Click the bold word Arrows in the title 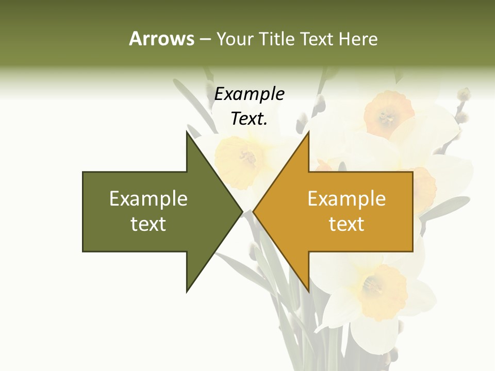[161, 39]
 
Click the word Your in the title [235, 39]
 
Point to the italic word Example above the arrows [249, 94]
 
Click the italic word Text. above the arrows [249, 119]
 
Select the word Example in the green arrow [148, 199]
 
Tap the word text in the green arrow [148, 224]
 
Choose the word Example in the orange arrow [346, 199]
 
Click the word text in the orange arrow [346, 224]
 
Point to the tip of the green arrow [242, 211]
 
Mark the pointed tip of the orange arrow [253, 211]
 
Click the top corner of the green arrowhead [187, 131]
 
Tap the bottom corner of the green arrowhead [187, 292]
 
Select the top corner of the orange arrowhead [308, 131]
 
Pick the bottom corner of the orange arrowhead [308, 292]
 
